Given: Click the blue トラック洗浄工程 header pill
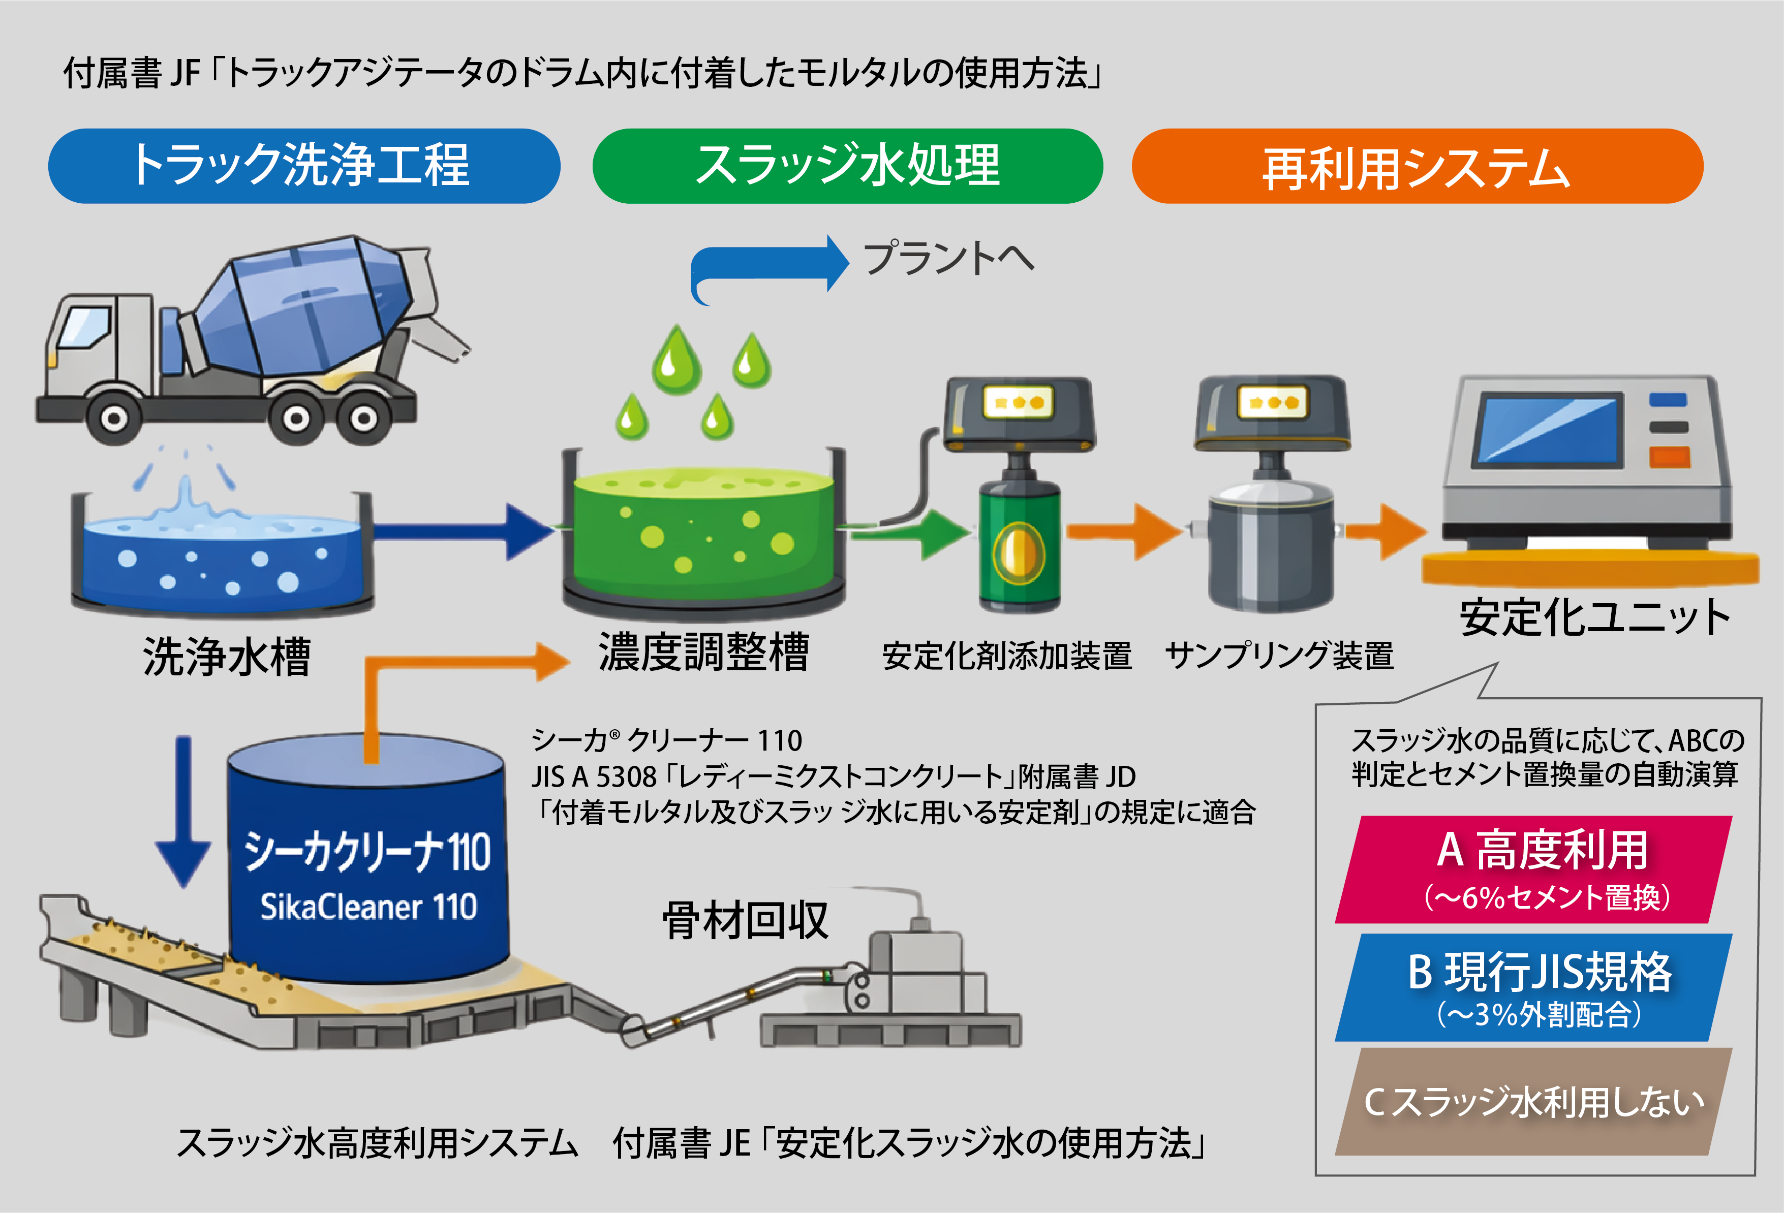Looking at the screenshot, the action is [x=304, y=166].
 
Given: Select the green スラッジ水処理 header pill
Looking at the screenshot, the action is [x=847, y=166].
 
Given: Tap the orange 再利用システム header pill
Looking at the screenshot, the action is [x=1417, y=166].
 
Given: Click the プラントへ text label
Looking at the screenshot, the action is [x=949, y=258].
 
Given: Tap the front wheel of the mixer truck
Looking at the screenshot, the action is [x=114, y=418].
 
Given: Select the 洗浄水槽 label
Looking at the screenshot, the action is [x=227, y=657].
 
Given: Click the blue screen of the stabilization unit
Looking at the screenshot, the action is [x=1551, y=430].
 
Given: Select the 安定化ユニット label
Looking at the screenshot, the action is [x=1594, y=617].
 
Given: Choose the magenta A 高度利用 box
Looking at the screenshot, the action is [x=1534, y=869].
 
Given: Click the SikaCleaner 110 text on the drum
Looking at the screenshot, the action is [x=368, y=907].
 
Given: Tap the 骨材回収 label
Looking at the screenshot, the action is [x=746, y=920].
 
